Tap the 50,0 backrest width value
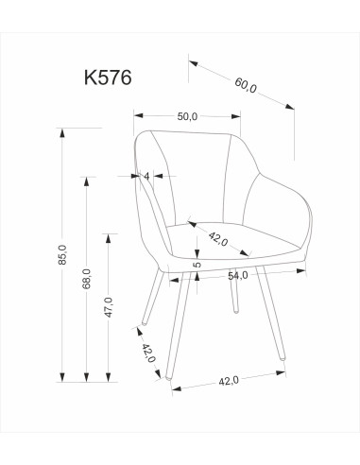click(187, 117)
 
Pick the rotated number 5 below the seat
click(197, 266)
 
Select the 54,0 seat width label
click(237, 275)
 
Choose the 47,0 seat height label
click(110, 306)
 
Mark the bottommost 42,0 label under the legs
click(227, 381)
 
